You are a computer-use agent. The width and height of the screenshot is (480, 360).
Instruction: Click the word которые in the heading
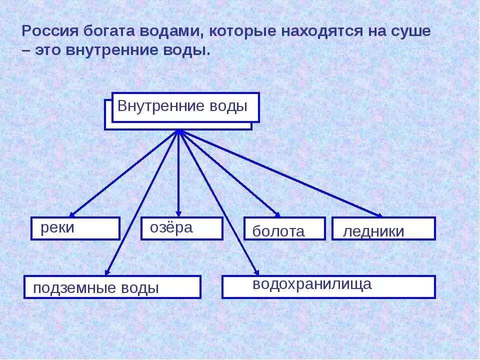(x=241, y=31)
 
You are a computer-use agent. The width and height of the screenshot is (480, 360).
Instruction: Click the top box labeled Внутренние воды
(x=185, y=107)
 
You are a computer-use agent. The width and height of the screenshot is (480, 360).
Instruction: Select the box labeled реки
(x=75, y=228)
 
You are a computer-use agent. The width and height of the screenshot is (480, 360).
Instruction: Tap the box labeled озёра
(x=181, y=228)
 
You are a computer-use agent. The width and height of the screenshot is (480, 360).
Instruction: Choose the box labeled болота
(x=284, y=229)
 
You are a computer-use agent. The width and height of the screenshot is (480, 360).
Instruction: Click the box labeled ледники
(x=383, y=229)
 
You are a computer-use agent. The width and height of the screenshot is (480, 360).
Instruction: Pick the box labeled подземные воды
(x=112, y=287)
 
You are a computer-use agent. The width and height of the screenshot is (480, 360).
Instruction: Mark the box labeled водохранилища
(x=328, y=286)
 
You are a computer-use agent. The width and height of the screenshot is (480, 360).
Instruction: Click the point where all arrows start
(x=178, y=131)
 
